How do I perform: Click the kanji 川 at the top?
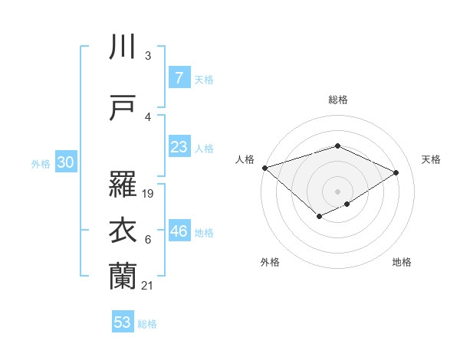pyautogui.click(x=123, y=47)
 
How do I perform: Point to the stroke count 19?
pyautogui.click(x=149, y=194)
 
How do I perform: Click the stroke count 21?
pyautogui.click(x=149, y=286)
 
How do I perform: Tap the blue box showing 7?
pyautogui.click(x=179, y=77)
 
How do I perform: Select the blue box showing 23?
pyautogui.click(x=179, y=147)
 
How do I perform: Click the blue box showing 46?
pyautogui.click(x=179, y=231)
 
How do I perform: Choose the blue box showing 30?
pyautogui.click(x=66, y=162)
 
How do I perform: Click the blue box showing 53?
pyautogui.click(x=123, y=322)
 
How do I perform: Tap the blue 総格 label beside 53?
pyautogui.click(x=147, y=324)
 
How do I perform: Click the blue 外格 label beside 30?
pyautogui.click(x=41, y=163)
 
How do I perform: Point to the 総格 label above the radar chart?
pyautogui.click(x=337, y=100)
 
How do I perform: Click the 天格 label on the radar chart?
pyautogui.click(x=431, y=159)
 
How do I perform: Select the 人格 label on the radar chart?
pyautogui.click(x=245, y=159)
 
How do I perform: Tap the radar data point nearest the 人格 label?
pyautogui.click(x=264, y=168)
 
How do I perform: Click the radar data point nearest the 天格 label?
pyautogui.click(x=396, y=172)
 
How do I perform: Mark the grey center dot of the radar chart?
pyautogui.click(x=337, y=191)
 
